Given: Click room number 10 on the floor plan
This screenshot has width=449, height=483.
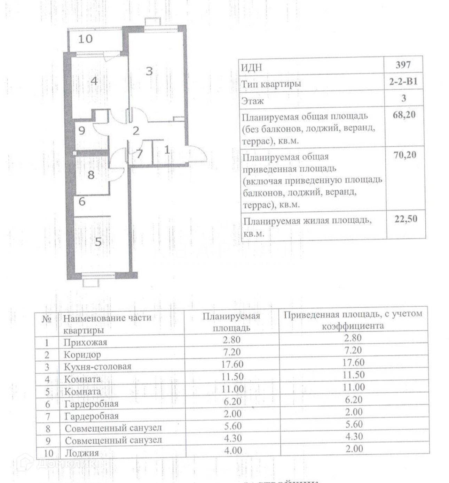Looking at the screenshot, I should click(x=85, y=39).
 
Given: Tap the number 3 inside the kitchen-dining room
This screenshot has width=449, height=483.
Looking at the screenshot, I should click(x=149, y=71).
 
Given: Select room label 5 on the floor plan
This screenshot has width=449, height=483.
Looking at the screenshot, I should click(x=98, y=241).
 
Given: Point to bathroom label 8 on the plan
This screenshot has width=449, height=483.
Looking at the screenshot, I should click(x=91, y=174).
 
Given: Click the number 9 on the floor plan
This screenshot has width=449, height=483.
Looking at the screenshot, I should click(x=82, y=131).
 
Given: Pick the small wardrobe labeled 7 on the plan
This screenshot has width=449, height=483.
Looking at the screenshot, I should click(x=139, y=154).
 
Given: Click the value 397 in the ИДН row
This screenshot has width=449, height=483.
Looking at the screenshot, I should click(x=403, y=65).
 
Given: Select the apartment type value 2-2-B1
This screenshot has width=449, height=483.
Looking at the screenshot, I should click(x=403, y=82).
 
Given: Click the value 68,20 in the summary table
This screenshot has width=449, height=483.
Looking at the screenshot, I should click(x=404, y=115).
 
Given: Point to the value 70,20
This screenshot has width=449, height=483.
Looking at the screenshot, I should click(x=404, y=155).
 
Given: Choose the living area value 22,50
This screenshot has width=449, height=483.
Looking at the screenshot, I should click(x=405, y=219).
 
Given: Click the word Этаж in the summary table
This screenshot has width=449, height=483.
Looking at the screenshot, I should click(x=253, y=101).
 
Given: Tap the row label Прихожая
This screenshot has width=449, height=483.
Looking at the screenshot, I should click(x=85, y=342).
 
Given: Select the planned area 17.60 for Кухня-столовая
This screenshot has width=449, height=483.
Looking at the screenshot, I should click(x=233, y=364).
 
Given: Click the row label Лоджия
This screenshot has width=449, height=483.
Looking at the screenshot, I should click(x=82, y=453).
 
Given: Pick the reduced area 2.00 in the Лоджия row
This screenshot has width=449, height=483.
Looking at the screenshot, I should click(x=354, y=449).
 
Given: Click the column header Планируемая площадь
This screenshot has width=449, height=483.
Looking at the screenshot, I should click(x=231, y=322).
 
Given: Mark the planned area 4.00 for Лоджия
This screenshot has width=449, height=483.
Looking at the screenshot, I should click(x=233, y=450).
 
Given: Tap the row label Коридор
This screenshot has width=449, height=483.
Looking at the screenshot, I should click(x=82, y=355).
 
